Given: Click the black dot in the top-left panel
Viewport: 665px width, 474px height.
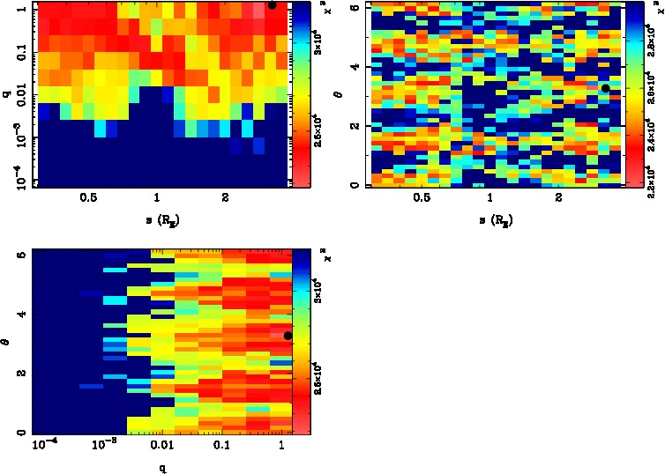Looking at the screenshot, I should point(272,4).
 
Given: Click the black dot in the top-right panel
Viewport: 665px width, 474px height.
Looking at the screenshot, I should point(605,88).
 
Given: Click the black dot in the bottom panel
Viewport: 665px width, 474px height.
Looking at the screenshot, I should point(288,336).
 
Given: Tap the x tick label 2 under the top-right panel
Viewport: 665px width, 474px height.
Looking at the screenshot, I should point(559,199).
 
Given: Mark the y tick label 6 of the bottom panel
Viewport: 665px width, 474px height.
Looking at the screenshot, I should point(20,255).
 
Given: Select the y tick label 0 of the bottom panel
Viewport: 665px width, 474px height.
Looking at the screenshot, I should point(20,432).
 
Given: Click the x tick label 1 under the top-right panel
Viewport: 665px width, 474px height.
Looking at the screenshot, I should point(491,199).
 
